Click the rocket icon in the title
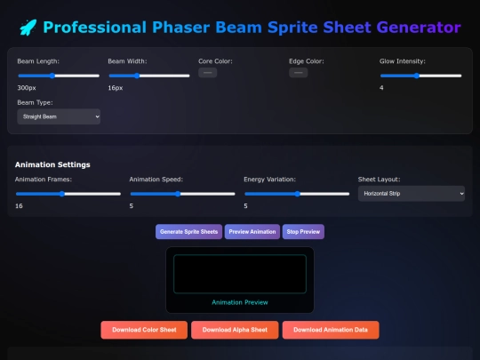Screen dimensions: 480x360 coord(28,28)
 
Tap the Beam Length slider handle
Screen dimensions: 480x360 coord(52,76)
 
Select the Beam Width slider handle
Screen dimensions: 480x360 coord(137,76)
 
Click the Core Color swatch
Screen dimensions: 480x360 coord(207,73)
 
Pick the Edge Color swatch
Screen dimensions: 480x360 coord(298,73)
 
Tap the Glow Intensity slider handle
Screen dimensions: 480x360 coord(417,76)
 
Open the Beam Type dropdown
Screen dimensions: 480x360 coord(59,116)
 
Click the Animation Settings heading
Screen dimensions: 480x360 coord(52,164)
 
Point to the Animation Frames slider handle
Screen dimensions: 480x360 coord(62,194)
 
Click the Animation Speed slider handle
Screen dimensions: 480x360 coord(178,194)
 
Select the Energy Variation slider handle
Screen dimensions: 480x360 coord(297,194)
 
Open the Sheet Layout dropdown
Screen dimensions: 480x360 coord(412,194)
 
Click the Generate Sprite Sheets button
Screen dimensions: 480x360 coord(188,232)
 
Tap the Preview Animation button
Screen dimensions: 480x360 coord(252,232)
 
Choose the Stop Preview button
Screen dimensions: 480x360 coord(303,232)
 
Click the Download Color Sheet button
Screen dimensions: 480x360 coord(144,330)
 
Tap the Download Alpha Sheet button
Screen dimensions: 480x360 coord(235,330)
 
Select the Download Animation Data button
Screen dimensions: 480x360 coord(331,330)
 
